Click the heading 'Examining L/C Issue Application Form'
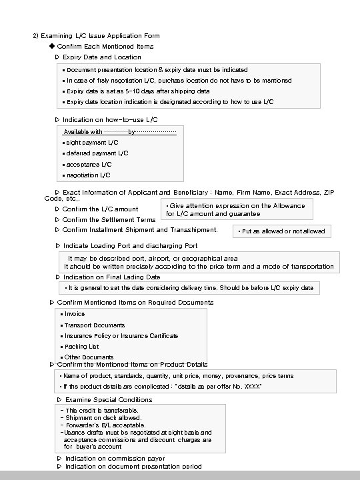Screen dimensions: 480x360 click(x=100, y=35)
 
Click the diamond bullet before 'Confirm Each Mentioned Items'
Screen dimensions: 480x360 click(x=51, y=47)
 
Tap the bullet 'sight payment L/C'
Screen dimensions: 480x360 click(x=92, y=143)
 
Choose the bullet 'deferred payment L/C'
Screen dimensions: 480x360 click(x=97, y=153)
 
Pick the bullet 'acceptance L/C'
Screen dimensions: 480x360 click(x=89, y=164)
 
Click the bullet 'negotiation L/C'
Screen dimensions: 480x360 click(x=88, y=175)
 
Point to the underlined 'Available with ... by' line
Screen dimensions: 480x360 click(x=120, y=132)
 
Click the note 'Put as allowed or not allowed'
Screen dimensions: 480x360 click(x=282, y=231)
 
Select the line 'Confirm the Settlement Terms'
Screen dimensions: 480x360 click(x=109, y=219)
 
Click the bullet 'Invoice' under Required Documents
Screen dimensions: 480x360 click(x=75, y=314)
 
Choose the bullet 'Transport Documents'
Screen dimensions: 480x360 click(x=95, y=325)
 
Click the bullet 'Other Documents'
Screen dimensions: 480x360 click(x=89, y=357)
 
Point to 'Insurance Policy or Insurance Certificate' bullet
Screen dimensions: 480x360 click(x=121, y=336)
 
